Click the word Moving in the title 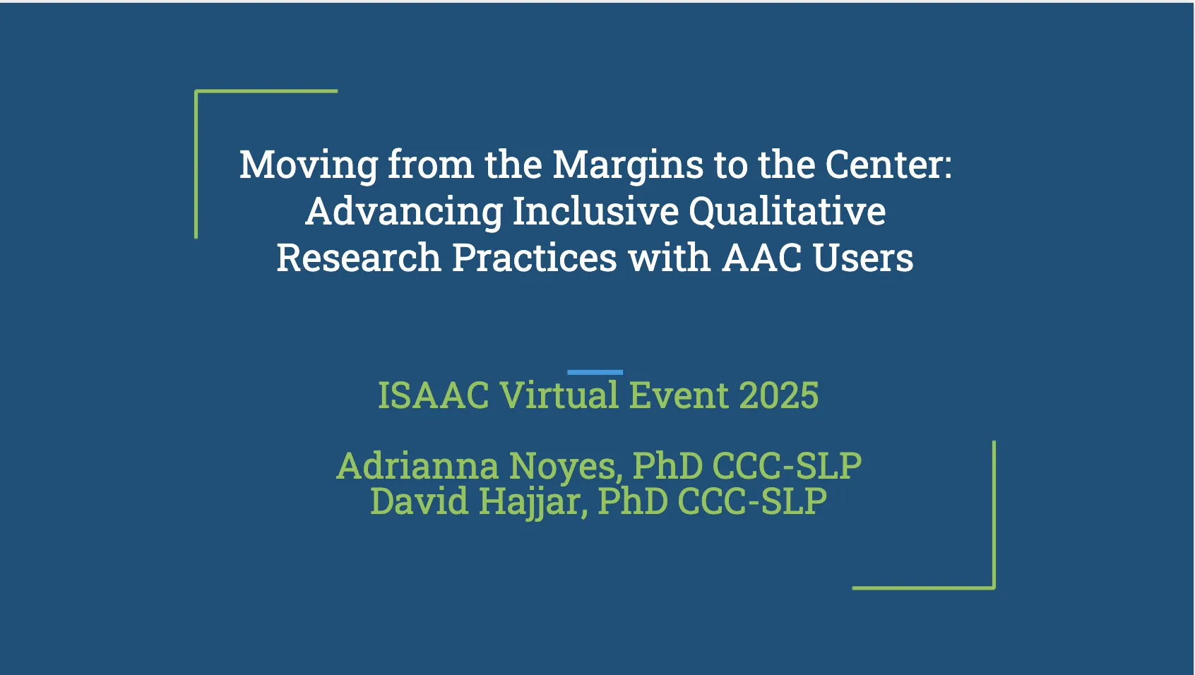click(x=309, y=165)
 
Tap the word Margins click(x=627, y=165)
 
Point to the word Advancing click(x=404, y=211)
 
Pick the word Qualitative click(x=787, y=211)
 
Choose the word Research click(x=358, y=258)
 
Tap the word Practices click(x=534, y=258)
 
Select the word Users click(x=863, y=258)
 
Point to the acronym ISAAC click(x=433, y=395)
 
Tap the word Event click(x=678, y=395)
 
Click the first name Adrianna click(x=417, y=466)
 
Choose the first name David click(x=419, y=501)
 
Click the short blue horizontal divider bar click(x=595, y=372)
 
